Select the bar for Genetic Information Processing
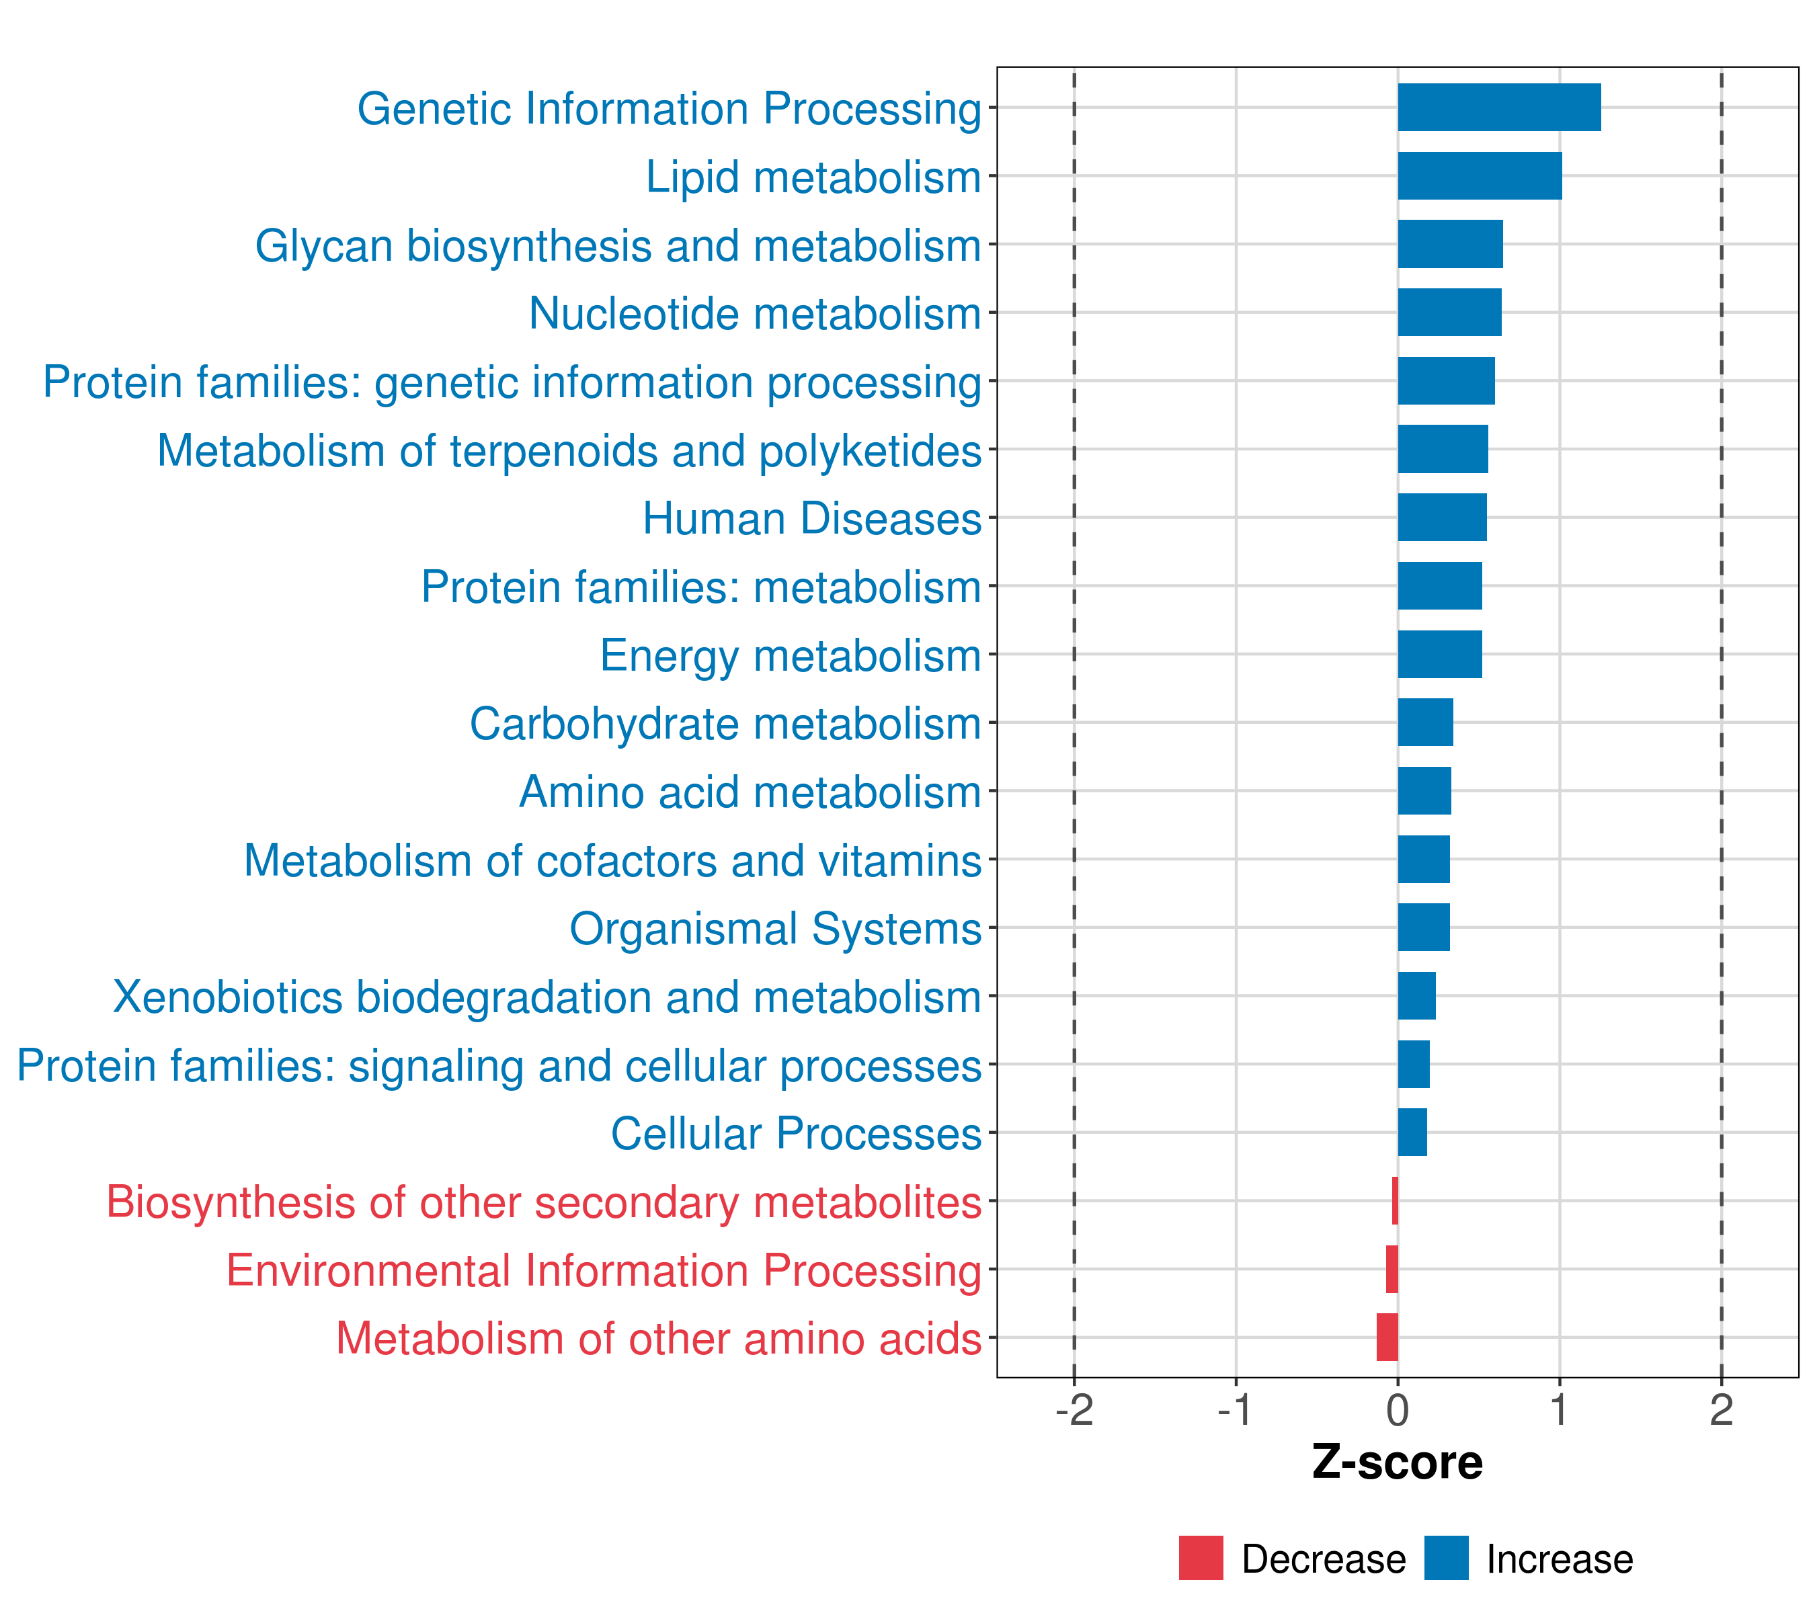[x=1499, y=108]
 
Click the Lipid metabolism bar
[x=1480, y=176]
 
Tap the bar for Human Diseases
[x=1442, y=518]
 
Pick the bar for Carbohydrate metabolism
[x=1425, y=722]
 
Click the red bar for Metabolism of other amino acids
[x=1387, y=1337]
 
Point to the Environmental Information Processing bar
[x=1391, y=1269]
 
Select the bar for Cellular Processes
[x=1412, y=1132]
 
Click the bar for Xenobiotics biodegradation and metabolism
[x=1416, y=996]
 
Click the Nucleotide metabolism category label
[x=755, y=313]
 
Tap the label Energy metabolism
[x=791, y=655]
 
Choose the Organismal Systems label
[x=775, y=929]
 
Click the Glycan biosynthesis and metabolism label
[x=618, y=245]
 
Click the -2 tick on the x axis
[x=1074, y=1411]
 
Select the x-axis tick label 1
[x=1560, y=1411]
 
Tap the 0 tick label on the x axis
[x=1398, y=1411]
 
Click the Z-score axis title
[x=1397, y=1463]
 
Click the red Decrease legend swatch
[x=1201, y=1558]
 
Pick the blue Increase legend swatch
[x=1445, y=1558]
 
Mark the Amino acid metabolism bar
[x=1424, y=791]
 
